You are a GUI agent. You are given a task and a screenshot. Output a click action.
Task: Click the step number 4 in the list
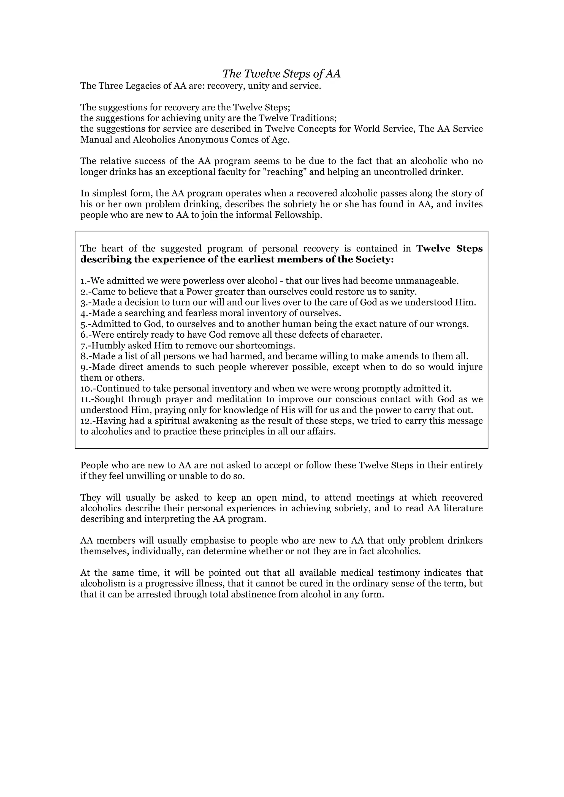click(x=83, y=313)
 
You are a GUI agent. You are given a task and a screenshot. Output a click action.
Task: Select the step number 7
click(x=83, y=346)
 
